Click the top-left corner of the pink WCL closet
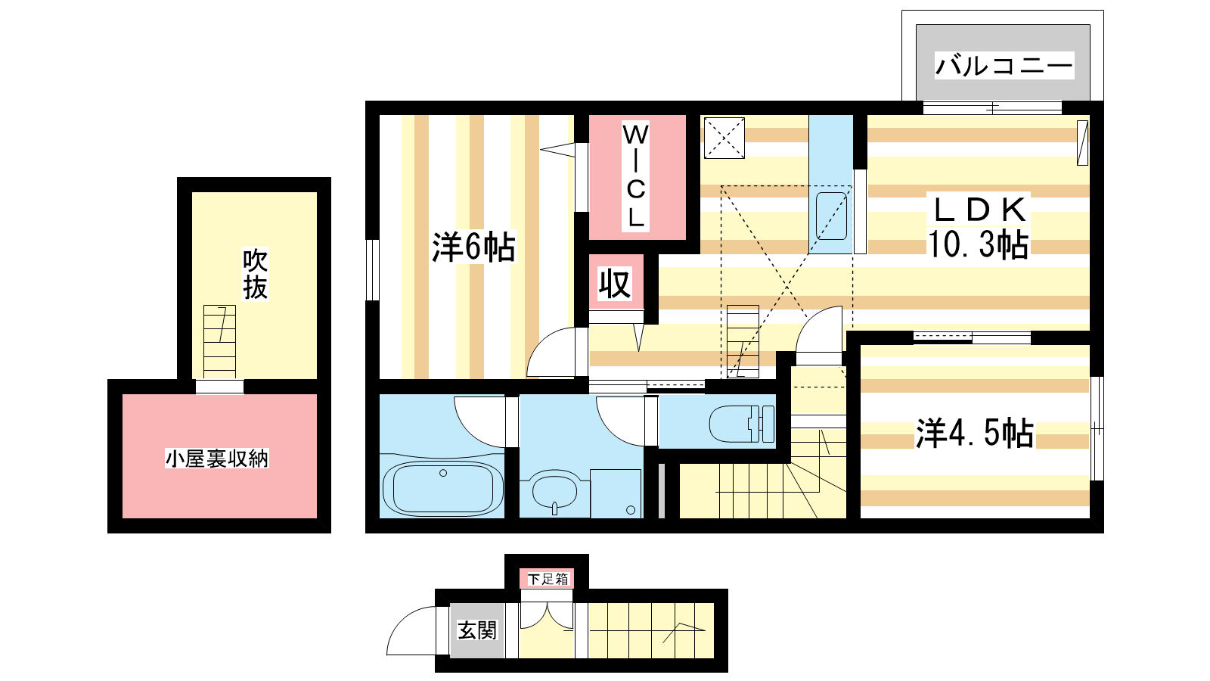[x=589, y=115]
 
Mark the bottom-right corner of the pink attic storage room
[x=317, y=518]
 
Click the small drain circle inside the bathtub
[x=443, y=473]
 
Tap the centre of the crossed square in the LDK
[x=724, y=138]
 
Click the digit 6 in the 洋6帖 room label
[x=473, y=247]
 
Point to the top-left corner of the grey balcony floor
[x=917, y=25]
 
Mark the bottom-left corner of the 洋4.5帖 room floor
[x=861, y=518]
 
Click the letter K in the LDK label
[x=1013, y=210]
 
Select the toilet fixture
[x=742, y=424]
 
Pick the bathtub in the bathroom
[x=442, y=488]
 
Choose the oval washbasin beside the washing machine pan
[x=554, y=492]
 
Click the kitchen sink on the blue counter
[x=831, y=216]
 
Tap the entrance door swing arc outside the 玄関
[x=411, y=631]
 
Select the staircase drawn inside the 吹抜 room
[x=219, y=342]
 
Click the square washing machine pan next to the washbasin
[x=616, y=493]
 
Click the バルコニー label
[x=1004, y=66]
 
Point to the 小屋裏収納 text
[x=216, y=459]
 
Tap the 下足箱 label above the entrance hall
[x=548, y=579]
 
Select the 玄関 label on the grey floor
[x=477, y=630]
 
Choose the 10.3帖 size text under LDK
[x=979, y=244]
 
